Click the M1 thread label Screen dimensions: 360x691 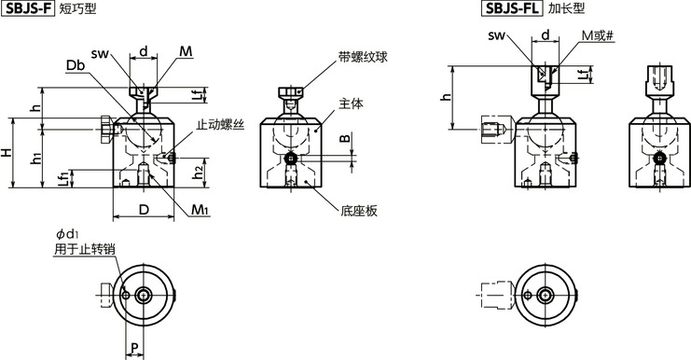tap(199, 210)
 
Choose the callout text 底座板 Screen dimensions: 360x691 tap(359, 212)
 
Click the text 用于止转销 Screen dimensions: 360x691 tap(79, 249)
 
